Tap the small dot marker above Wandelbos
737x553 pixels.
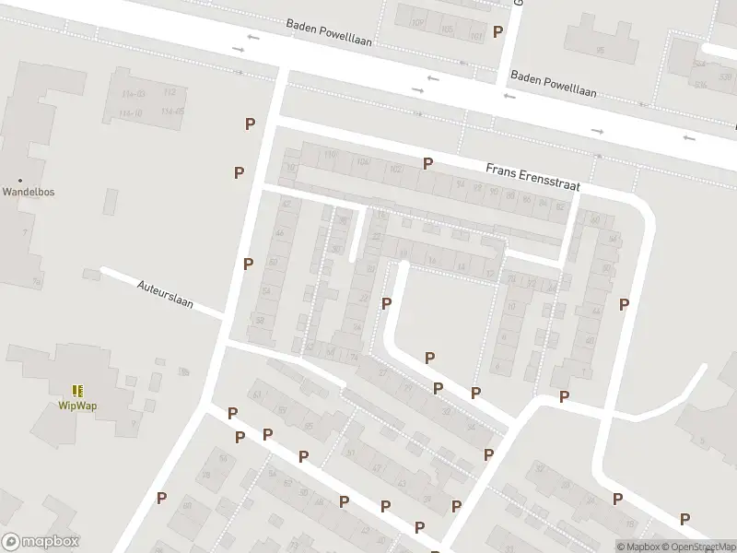tap(20, 181)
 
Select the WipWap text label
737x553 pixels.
tap(77, 406)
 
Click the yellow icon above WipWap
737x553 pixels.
tap(77, 391)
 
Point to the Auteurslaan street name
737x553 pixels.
tap(165, 297)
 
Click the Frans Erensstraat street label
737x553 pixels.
tap(532, 177)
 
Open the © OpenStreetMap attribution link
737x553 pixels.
tap(695, 547)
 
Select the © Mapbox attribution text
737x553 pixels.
tap(638, 547)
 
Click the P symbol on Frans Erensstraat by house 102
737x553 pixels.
tap(427, 163)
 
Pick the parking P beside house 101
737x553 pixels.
tap(498, 32)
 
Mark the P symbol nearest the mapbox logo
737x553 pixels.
tap(162, 498)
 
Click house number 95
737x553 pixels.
tap(600, 50)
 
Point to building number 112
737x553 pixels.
tap(170, 93)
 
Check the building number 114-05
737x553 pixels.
tap(172, 112)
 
